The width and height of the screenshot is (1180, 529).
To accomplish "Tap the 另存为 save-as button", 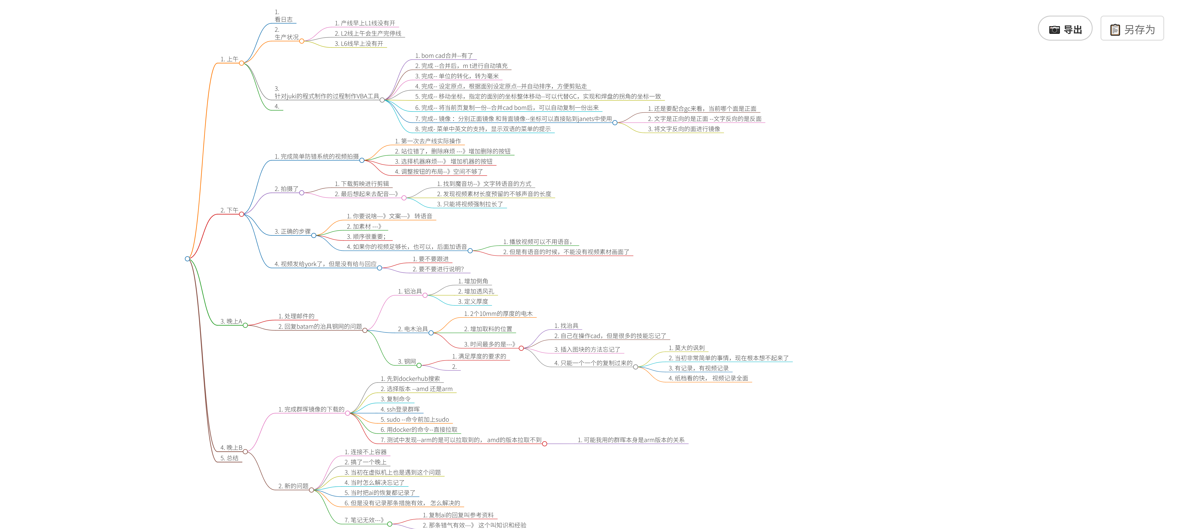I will point(1132,29).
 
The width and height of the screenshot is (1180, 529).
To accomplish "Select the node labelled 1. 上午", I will point(229,59).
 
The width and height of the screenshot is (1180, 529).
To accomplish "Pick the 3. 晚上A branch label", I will point(231,321).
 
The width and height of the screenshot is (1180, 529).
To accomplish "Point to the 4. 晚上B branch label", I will point(231,448).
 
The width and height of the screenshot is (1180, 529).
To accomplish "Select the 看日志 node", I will point(284,19).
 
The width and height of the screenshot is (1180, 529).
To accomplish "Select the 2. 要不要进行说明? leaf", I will point(438,269).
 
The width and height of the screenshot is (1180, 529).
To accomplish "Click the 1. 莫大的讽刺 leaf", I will point(686,348).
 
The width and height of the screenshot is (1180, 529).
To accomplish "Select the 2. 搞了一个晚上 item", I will point(365,462).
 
